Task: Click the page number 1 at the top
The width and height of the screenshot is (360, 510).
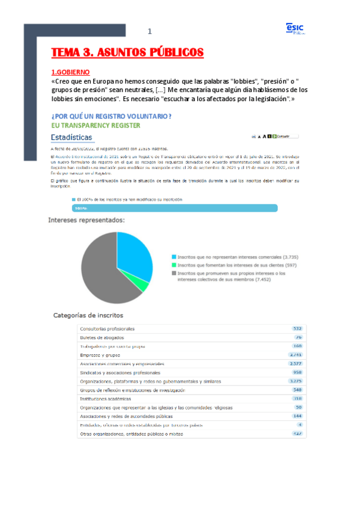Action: click(150, 31)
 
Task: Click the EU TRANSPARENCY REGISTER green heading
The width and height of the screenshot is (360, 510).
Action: click(96, 126)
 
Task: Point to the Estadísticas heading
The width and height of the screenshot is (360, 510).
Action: click(75, 137)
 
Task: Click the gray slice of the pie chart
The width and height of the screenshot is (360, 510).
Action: click(102, 271)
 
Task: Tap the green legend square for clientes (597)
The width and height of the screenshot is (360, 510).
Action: click(174, 265)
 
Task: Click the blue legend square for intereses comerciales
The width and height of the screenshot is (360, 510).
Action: click(174, 257)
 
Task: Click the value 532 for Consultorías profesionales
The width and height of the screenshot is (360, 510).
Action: click(297, 329)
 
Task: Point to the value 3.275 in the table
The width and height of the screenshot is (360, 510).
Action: click(295, 381)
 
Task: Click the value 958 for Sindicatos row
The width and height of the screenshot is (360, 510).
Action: click(297, 372)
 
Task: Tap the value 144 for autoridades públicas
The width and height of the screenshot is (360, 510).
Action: click(297, 416)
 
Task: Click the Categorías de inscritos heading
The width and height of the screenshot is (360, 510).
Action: click(88, 315)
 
